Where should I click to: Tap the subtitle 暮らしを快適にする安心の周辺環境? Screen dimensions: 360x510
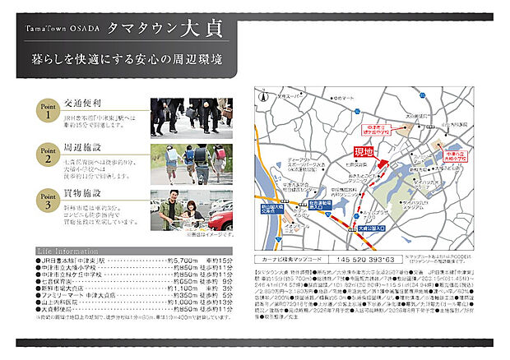pyautogui.click(x=126, y=61)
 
